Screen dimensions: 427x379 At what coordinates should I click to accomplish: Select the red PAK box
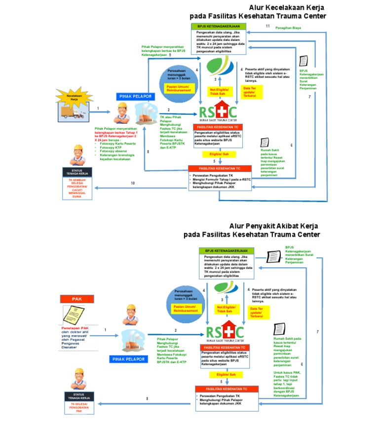pyautogui.click(x=76, y=299)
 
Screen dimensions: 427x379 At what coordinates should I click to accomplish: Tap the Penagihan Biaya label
pyautogui.click(x=289, y=28)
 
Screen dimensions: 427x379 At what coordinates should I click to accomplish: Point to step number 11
pyautogui.click(x=267, y=26)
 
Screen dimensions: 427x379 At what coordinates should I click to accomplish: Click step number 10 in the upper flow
pyautogui.click(x=132, y=183)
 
